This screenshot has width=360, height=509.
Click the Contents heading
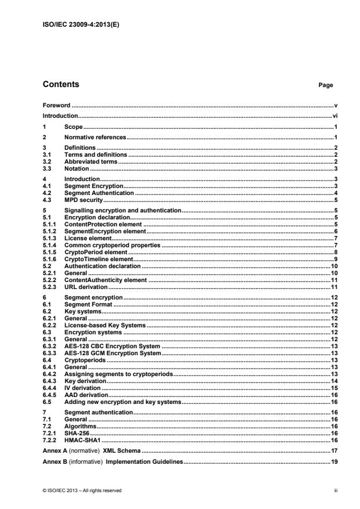click(61, 85)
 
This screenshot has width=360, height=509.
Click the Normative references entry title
click(95, 137)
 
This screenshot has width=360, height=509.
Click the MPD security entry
click(83, 199)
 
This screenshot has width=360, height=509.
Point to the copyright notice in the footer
click(82, 490)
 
